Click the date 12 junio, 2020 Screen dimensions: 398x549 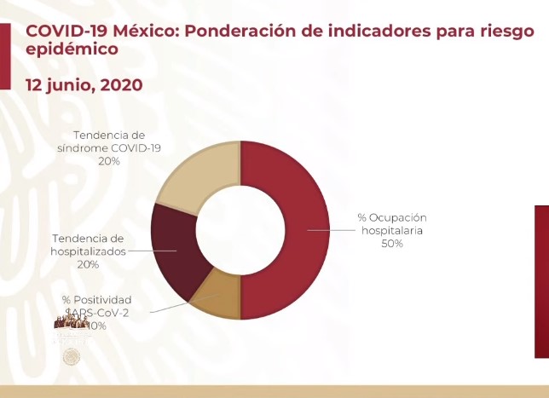click(84, 85)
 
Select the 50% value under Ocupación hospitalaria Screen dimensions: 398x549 click(392, 243)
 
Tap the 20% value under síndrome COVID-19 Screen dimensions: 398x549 click(108, 160)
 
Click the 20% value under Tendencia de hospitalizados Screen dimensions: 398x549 click(88, 264)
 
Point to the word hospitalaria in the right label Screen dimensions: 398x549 click(392, 230)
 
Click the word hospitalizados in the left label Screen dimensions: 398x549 click(88, 251)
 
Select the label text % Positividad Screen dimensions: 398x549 click(96, 300)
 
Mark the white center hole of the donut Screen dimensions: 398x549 click(240, 230)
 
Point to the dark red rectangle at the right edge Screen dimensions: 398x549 click(541, 281)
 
